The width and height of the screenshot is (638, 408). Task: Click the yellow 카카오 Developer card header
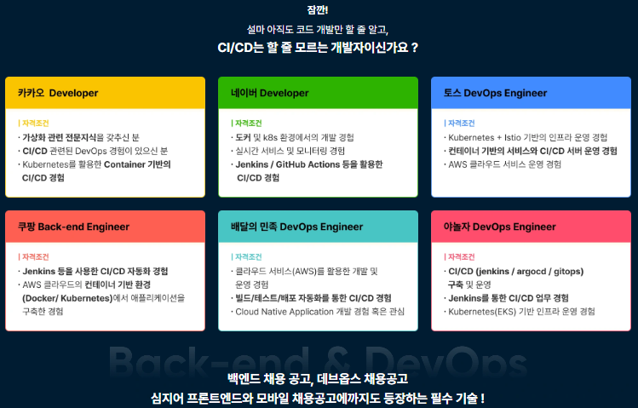(105, 93)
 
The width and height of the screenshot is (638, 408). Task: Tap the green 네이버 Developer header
(318, 93)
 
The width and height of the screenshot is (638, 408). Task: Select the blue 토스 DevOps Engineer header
(531, 93)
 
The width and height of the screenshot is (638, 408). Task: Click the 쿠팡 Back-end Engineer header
(105, 227)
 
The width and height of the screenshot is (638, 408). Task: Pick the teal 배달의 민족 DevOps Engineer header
(318, 227)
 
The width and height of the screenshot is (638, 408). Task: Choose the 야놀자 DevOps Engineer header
(531, 227)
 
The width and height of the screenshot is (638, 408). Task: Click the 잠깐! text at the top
(318, 9)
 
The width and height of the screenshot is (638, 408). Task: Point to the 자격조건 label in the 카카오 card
(34, 124)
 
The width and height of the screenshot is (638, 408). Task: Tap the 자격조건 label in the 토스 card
(460, 124)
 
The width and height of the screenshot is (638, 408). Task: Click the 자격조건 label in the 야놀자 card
(460, 257)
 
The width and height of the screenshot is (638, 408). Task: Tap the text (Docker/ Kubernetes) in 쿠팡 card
(67, 298)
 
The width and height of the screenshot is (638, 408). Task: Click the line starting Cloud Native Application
(318, 312)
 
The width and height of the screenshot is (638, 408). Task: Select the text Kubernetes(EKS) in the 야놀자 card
(482, 312)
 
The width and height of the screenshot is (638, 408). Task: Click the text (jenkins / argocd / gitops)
(529, 272)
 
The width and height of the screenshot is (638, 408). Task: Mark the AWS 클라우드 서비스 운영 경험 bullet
(503, 164)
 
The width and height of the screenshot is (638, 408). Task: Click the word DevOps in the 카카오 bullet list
(91, 152)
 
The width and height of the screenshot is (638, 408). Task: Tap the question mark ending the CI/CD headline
(415, 48)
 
